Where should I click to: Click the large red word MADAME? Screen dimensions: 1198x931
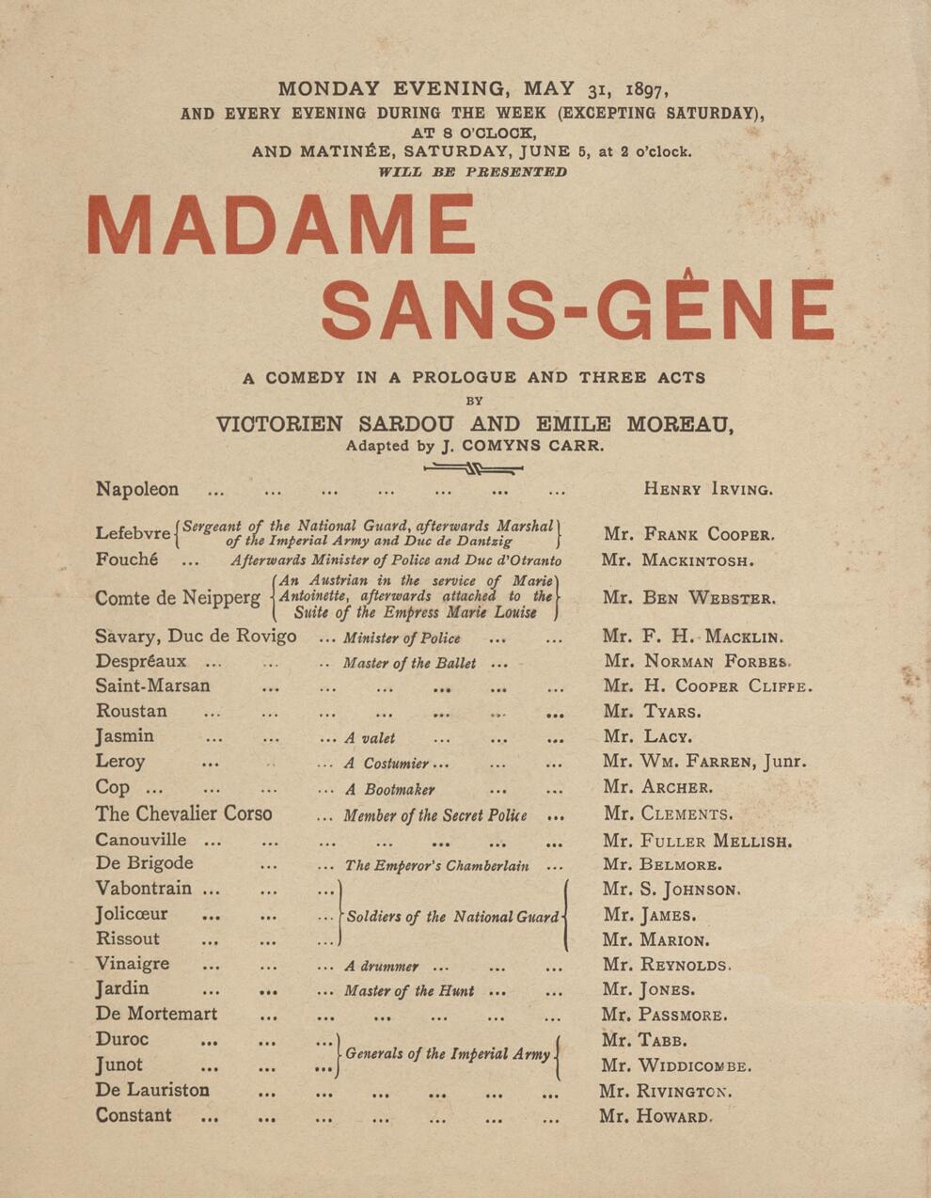tap(281, 225)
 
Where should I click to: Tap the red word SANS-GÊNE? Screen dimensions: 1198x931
tap(577, 307)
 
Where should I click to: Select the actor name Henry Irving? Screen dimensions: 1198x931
tap(708, 489)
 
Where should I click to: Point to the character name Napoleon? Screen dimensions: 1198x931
tap(136, 489)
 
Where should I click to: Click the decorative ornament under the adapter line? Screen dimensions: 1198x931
tap(473, 467)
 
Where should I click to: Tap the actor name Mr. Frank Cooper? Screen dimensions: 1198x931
tap(689, 534)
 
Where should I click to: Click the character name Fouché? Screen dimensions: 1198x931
tap(127, 560)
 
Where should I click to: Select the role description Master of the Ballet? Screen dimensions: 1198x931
tap(409, 663)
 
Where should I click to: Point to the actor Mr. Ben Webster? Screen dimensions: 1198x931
tap(689, 598)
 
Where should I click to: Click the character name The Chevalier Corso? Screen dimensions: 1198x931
tap(183, 814)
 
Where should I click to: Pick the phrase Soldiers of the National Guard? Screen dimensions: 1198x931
tap(452, 917)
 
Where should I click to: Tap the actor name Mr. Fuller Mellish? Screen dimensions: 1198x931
tap(697, 841)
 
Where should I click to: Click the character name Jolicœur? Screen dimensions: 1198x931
tap(132, 914)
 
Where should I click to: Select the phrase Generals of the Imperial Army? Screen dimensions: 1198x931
tap(448, 1054)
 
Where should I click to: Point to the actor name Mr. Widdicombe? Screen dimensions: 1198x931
tap(676, 1065)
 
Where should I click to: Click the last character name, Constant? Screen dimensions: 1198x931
tap(134, 1116)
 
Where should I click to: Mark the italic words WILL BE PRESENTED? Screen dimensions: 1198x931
tap(472, 172)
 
